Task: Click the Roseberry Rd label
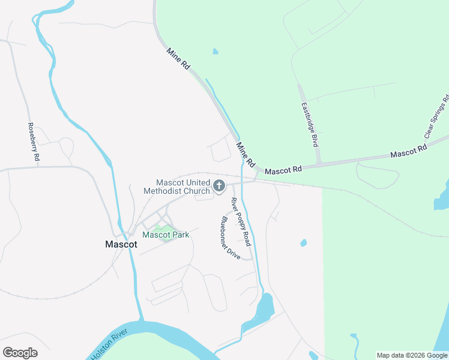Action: [33, 142]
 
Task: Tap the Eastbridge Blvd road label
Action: [309, 124]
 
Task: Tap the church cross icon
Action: [218, 186]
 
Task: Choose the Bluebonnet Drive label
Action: [230, 238]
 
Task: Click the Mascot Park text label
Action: [166, 235]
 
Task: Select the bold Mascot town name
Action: [121, 244]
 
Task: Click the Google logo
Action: [20, 353]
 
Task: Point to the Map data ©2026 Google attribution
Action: [412, 355]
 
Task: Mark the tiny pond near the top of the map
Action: [215, 52]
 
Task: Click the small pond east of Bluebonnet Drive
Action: [303, 243]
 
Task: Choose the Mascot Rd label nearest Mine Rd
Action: [283, 171]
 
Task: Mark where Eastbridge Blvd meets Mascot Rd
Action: [319, 163]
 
